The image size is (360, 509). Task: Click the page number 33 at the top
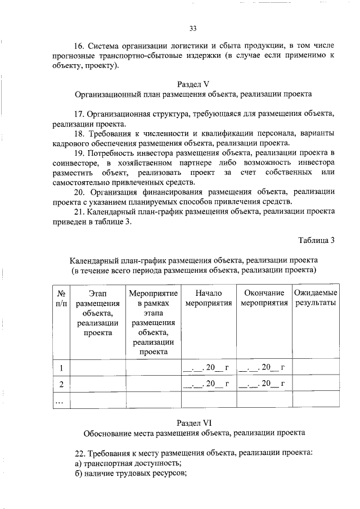193,29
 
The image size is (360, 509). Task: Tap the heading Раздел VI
193,422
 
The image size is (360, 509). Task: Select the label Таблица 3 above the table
316,240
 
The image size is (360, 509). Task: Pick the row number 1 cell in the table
60,368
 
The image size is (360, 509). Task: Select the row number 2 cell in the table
60,384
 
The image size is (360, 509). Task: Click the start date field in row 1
208,368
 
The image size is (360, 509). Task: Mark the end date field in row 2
263,384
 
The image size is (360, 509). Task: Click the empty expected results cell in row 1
316,368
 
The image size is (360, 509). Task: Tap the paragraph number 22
79,453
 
